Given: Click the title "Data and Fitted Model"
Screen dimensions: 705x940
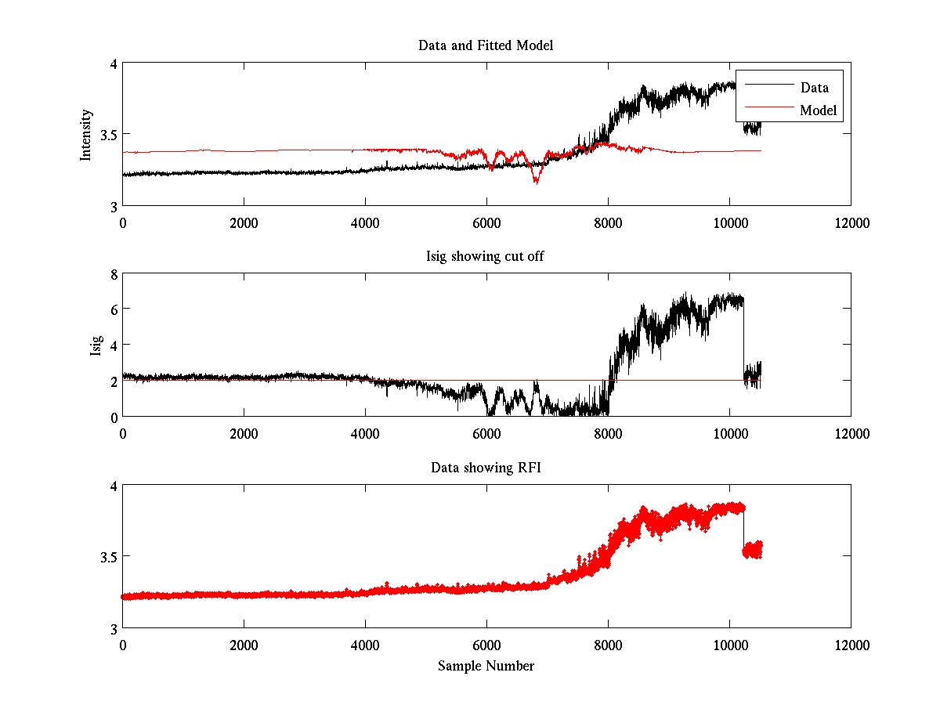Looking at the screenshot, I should tap(486, 45).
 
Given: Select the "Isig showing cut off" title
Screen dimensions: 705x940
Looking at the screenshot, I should tap(486, 257).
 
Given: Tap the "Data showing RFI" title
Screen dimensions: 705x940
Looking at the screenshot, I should tap(486, 468).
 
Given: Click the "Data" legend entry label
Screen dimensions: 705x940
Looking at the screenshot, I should tap(814, 88).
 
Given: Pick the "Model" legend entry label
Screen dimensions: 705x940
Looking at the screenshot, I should tap(818, 110).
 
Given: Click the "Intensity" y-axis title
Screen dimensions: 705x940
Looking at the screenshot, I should tap(87, 135).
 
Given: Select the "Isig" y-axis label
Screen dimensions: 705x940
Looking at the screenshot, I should tap(96, 345).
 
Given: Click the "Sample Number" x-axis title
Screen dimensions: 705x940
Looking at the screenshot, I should tap(486, 666).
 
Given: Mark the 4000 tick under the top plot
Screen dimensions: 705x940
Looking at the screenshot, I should tap(365, 222).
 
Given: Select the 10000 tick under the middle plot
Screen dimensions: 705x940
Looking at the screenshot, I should tap(729, 433).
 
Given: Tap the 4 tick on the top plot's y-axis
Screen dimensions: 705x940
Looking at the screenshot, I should tap(113, 64).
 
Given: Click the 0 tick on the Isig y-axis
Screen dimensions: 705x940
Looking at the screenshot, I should tap(113, 417).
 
